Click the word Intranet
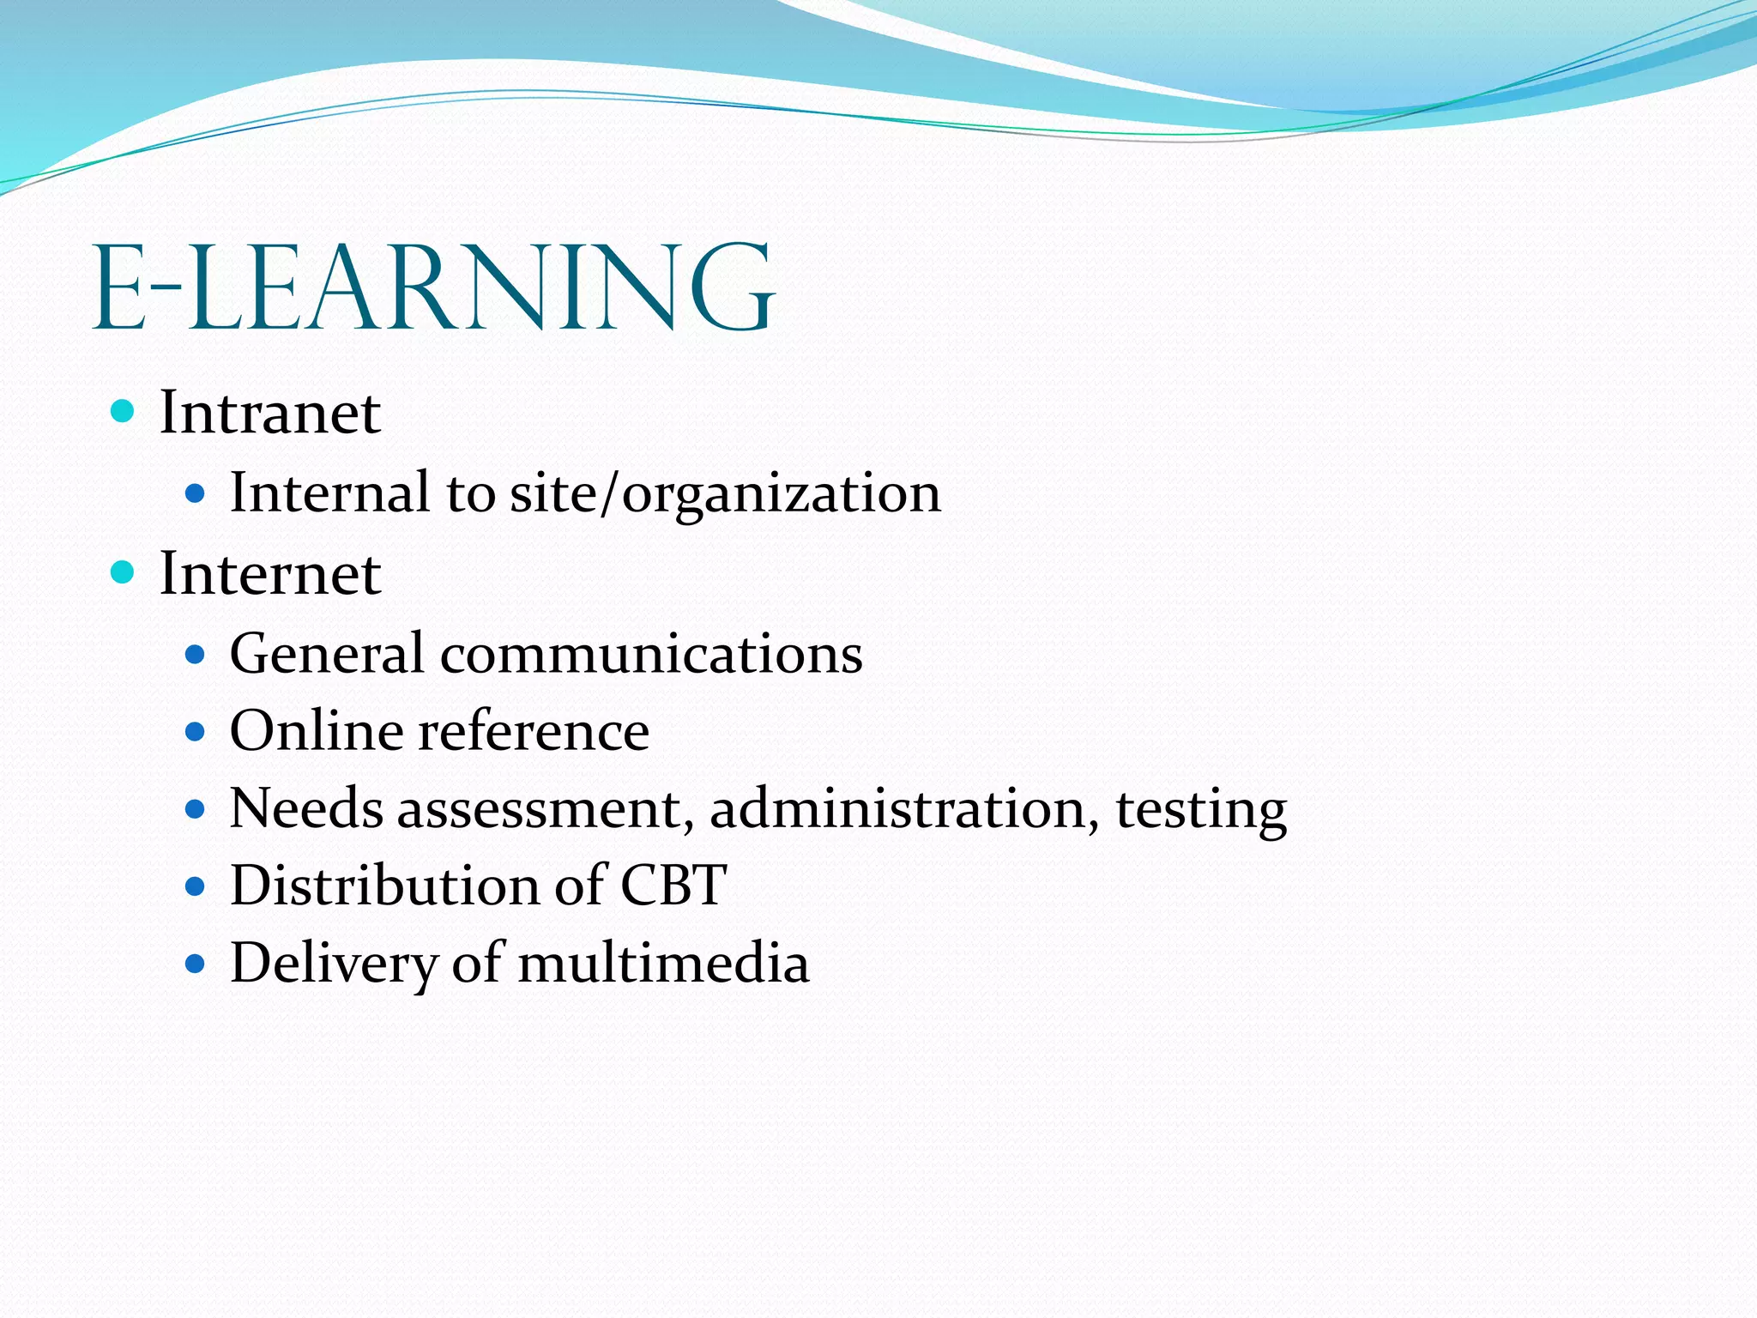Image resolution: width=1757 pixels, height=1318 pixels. pyautogui.click(x=270, y=413)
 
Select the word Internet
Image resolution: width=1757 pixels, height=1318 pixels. pyautogui.click(x=270, y=573)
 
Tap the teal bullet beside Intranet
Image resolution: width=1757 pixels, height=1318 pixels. pyautogui.click(x=124, y=411)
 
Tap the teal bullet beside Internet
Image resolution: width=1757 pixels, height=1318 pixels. pyautogui.click(x=124, y=571)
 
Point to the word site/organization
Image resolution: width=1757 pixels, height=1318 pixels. pyautogui.click(x=726, y=494)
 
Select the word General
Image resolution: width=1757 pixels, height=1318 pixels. pyautogui.click(x=327, y=654)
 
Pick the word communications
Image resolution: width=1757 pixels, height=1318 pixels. pyautogui.click(x=651, y=654)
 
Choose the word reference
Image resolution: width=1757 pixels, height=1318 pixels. pyautogui.click(x=534, y=731)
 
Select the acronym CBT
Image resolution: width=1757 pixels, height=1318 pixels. pyautogui.click(x=673, y=885)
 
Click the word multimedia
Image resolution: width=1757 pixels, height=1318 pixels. pyautogui.click(x=663, y=963)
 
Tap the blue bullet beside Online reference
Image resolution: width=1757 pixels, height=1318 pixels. pyautogui.click(x=196, y=732)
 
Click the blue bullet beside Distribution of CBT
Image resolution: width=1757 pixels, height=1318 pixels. pyautogui.click(x=196, y=886)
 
